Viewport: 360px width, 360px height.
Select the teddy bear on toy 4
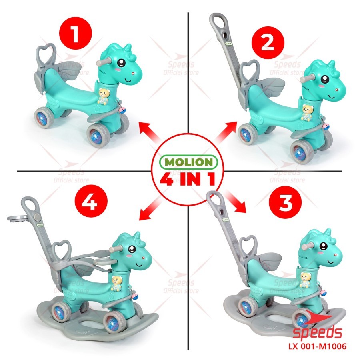click(x=117, y=284)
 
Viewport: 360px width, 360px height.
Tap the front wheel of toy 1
click(x=98, y=136)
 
